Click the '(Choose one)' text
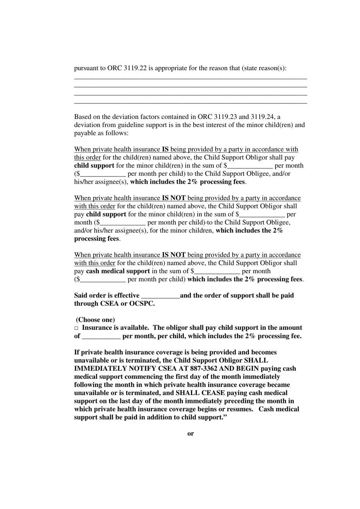95,320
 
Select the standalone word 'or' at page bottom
191,434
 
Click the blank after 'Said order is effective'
160,296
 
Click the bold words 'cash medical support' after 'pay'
118,271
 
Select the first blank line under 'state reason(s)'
190,78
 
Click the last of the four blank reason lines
190,103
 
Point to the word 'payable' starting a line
85,133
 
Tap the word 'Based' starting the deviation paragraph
82,117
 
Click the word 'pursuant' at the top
86,69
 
